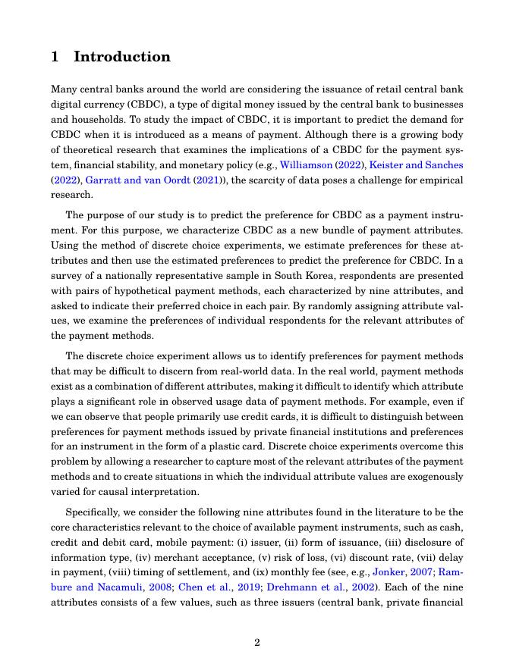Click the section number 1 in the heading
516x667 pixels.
[x=55, y=57]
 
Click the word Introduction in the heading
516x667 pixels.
[x=122, y=57]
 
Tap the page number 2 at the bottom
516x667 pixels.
[x=257, y=643]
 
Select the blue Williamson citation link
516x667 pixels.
[x=307, y=164]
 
